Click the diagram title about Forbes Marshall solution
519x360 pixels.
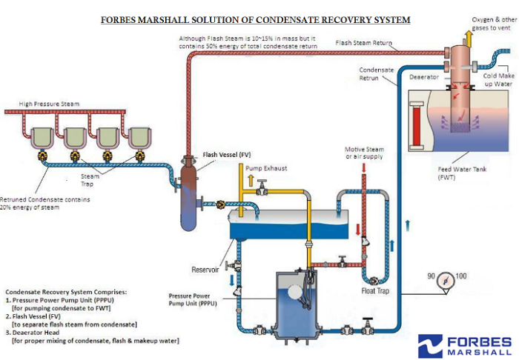(255, 19)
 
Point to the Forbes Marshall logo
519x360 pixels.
(464, 345)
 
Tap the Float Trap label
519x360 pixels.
(375, 290)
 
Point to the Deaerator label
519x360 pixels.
(423, 76)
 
